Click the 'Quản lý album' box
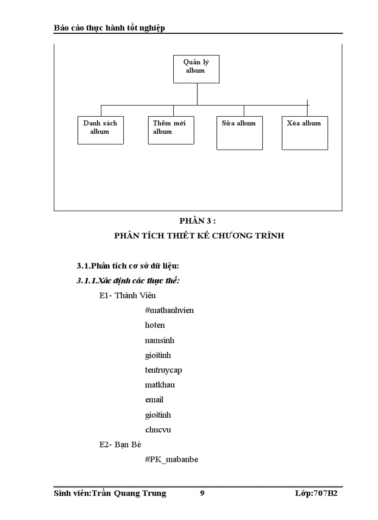click(x=196, y=69)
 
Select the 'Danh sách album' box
click(x=101, y=130)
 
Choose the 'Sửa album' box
click(x=239, y=132)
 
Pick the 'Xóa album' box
click(x=305, y=132)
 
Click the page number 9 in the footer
click(x=202, y=493)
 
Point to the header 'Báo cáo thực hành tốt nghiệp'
click(x=109, y=28)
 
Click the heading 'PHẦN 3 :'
click(x=198, y=221)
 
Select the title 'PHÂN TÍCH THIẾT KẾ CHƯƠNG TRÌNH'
click(x=199, y=236)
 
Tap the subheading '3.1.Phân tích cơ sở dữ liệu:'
click(x=128, y=266)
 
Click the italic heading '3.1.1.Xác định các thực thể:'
click(x=128, y=281)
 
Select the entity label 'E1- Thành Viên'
click(x=127, y=295)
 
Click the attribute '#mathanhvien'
click(x=169, y=310)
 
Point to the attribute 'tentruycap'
click(x=160, y=370)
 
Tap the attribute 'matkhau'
click(x=160, y=385)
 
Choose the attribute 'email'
click(x=154, y=400)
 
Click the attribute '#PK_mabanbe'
click(x=171, y=459)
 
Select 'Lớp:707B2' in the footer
click(x=316, y=493)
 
